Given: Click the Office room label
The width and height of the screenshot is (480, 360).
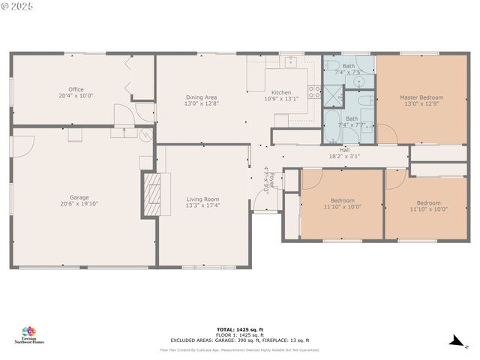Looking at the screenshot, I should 76,89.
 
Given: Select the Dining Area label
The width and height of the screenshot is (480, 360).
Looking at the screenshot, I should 201,97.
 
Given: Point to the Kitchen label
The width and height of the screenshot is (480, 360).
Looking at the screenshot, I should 281,92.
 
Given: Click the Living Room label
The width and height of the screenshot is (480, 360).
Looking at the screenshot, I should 202,199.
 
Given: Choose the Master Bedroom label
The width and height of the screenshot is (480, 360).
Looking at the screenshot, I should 421,97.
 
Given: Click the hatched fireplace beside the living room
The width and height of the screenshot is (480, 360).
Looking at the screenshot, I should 152,194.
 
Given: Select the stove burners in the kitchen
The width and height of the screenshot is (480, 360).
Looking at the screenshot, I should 313,94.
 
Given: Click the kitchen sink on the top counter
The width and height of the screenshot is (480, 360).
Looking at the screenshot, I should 291,62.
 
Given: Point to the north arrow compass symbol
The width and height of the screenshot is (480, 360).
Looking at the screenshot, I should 454,341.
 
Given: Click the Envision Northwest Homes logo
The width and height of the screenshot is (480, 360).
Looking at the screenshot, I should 29,334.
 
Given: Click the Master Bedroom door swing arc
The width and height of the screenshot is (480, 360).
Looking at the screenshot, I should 387,133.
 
